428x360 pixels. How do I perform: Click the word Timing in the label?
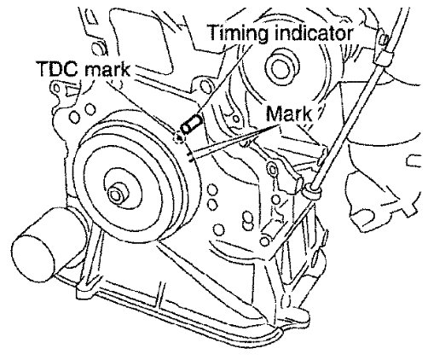(238, 33)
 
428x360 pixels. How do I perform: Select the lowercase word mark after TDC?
(107, 69)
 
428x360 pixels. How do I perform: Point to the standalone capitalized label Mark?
(289, 114)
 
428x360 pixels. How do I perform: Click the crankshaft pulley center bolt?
(118, 195)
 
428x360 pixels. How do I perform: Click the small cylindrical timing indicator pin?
(191, 125)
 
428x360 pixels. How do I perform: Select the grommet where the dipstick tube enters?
(313, 190)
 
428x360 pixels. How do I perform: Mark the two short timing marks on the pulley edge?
(190, 157)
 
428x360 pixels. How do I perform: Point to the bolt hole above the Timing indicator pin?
(205, 85)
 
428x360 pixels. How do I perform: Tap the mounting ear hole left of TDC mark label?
(57, 89)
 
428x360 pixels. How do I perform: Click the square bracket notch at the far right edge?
(414, 161)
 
